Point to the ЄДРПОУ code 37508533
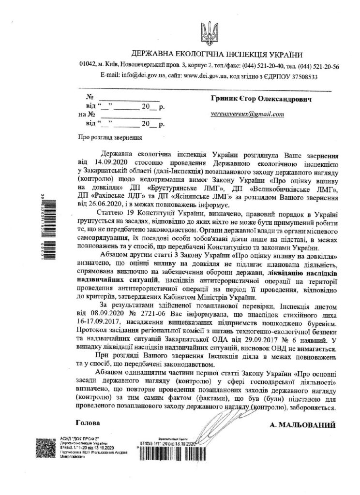click(300, 76)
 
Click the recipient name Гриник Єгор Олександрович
click(260, 98)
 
